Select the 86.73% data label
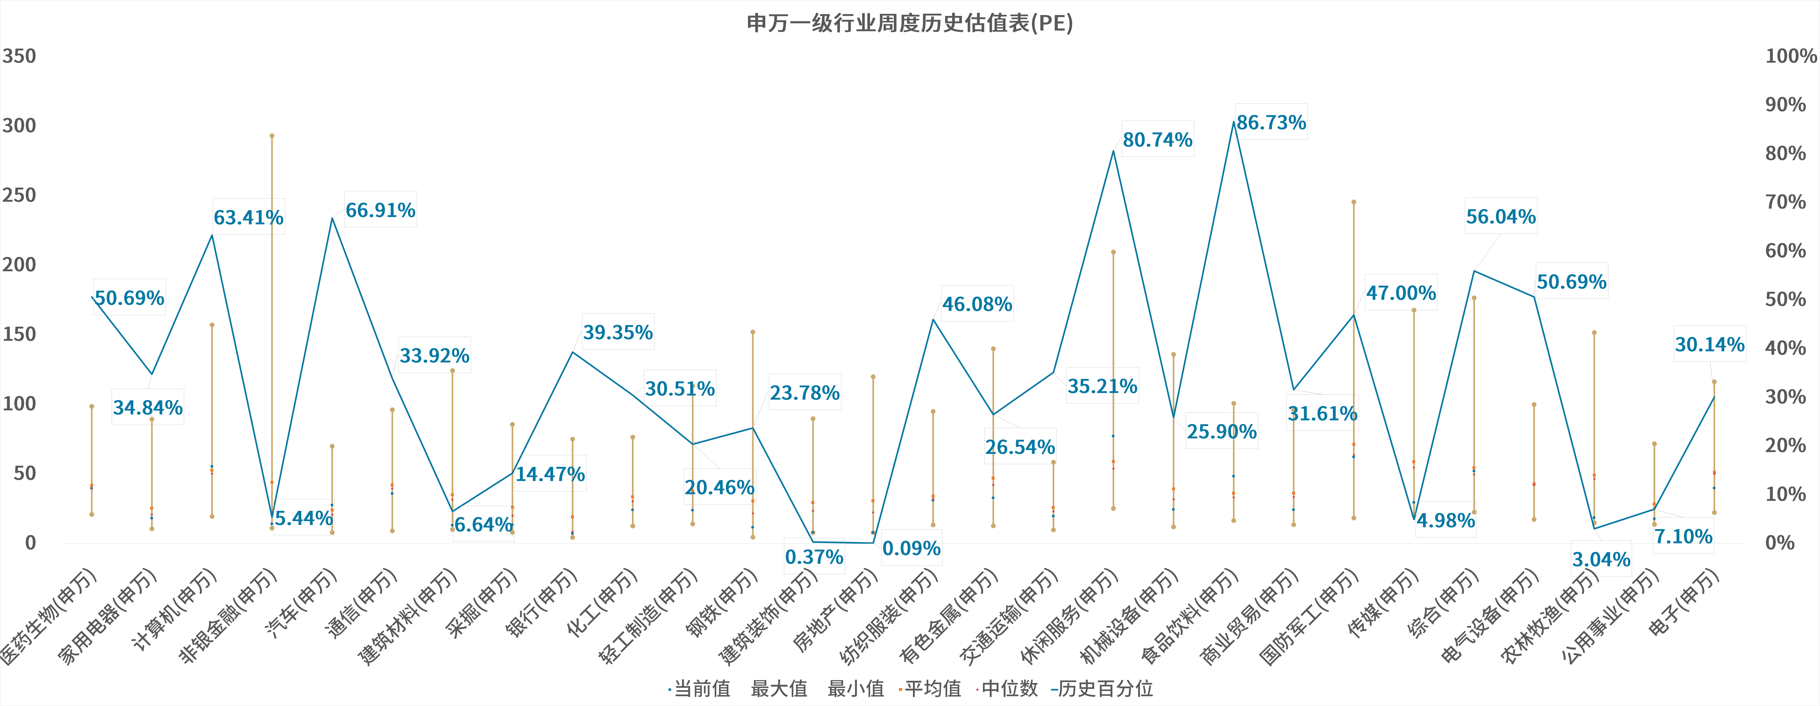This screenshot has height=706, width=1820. [1271, 122]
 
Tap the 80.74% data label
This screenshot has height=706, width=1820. [1157, 140]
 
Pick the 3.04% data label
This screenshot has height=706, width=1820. [1601, 560]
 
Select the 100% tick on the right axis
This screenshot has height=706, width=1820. [1790, 56]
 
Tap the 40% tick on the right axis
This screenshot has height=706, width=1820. [1785, 348]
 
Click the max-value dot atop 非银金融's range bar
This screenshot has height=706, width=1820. [272, 136]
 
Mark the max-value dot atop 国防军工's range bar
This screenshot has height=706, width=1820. [1354, 202]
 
